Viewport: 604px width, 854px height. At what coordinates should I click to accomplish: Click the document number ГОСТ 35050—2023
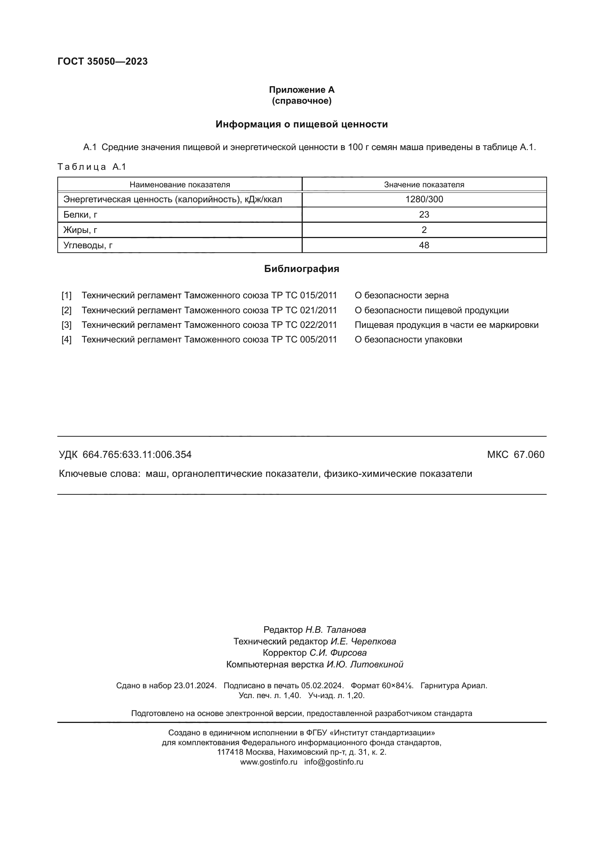pos(103,61)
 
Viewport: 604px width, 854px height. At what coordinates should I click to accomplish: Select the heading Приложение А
pos(302,90)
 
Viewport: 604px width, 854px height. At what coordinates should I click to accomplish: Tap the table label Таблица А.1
pos(92,167)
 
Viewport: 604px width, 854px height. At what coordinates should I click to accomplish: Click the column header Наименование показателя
pos(180,184)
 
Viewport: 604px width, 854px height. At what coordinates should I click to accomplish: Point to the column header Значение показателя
pos(424,184)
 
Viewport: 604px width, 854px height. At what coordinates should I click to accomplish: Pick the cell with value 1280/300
pos(424,199)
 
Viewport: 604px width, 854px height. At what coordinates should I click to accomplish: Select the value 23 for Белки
pos(424,215)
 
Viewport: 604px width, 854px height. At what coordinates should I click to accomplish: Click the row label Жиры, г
pos(80,230)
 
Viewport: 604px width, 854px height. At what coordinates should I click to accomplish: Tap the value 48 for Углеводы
pos(424,245)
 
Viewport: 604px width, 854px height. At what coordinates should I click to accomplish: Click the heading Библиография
pos(302,269)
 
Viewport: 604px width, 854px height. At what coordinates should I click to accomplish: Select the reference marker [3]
pos(66,325)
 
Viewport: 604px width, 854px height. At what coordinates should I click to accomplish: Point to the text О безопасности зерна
pos(402,295)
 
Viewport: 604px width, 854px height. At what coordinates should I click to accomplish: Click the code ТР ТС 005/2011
pos(304,340)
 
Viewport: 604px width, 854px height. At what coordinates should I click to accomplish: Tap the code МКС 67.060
pos(516,455)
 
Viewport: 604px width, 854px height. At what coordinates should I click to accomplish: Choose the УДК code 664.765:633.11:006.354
pos(137,455)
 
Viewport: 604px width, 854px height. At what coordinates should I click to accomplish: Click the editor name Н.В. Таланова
pos(336,630)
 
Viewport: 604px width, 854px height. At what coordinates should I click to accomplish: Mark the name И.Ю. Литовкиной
pos(365,665)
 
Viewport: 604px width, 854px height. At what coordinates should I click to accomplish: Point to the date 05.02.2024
pos(322,686)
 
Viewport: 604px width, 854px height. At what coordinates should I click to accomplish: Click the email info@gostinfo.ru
pos(334,762)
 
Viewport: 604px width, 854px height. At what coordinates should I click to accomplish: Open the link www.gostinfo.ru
pos(268,762)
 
